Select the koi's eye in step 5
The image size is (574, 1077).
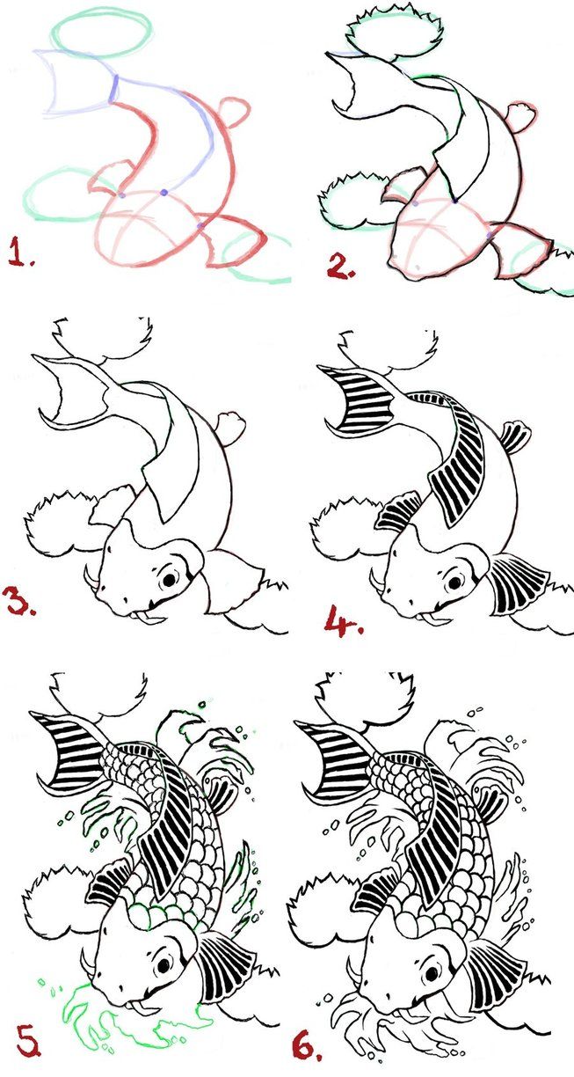pyautogui.click(x=163, y=966)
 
